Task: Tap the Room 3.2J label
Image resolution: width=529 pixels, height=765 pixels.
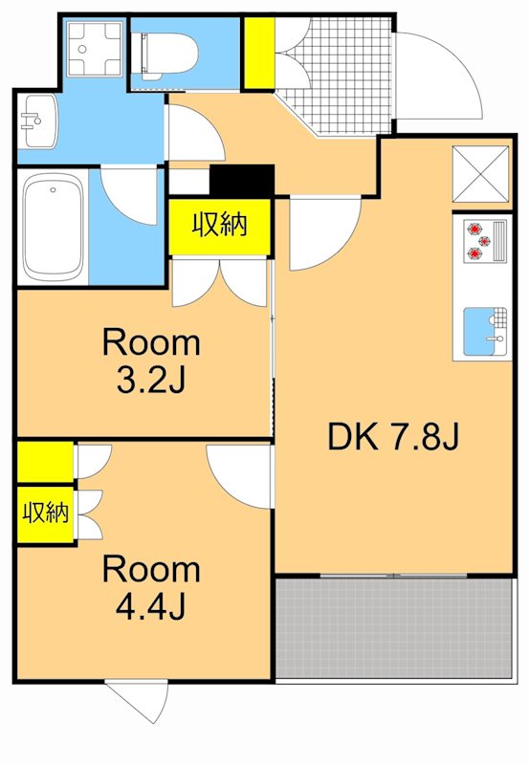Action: tap(151, 361)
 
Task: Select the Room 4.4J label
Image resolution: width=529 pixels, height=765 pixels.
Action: tap(151, 587)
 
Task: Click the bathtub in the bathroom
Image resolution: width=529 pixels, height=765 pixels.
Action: tap(54, 227)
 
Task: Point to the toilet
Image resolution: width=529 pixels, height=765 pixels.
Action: tap(167, 53)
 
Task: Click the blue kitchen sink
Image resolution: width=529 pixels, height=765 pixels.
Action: tap(483, 330)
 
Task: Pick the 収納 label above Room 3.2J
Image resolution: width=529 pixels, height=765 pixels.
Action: tap(220, 226)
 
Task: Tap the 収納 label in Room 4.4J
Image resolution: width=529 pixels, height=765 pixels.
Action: tap(46, 513)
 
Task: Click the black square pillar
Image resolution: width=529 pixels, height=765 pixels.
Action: tap(242, 181)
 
